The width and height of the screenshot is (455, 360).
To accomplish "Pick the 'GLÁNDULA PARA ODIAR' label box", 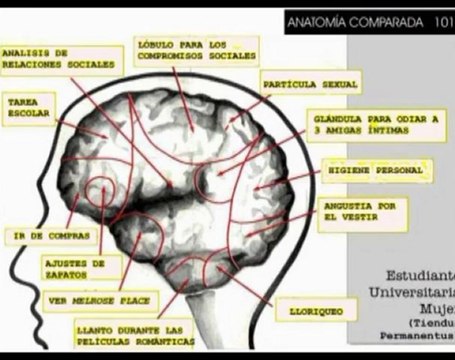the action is pos(376,123).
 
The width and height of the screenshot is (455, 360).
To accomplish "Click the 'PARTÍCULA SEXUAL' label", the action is pos(309,81).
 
